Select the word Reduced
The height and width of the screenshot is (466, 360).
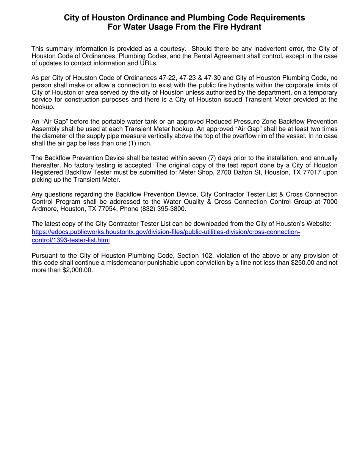[224, 122]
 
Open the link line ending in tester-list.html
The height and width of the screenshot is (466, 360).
[71, 240]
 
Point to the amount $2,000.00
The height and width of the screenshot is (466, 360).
[77, 271]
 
